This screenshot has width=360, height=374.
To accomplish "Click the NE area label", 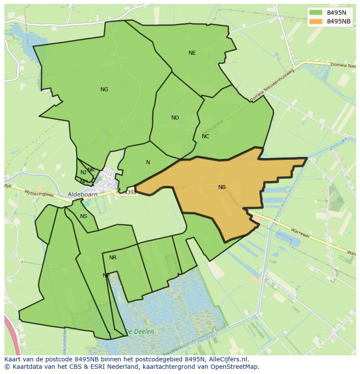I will [x=192, y=53].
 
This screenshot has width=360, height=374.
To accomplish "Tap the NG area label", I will [x=104, y=89].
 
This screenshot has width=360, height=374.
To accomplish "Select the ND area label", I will [x=175, y=118].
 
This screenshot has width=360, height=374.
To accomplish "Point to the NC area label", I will [x=206, y=136].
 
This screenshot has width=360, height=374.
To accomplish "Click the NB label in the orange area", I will [x=222, y=187].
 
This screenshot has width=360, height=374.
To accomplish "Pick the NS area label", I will [x=83, y=216].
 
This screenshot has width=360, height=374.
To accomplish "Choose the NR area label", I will [x=113, y=258].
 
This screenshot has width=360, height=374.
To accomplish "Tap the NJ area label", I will [x=83, y=172].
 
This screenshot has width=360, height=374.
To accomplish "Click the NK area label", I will [x=91, y=170].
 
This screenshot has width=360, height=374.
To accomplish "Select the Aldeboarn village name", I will [x=82, y=195].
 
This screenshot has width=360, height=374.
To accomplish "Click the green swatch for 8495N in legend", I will [x=316, y=12].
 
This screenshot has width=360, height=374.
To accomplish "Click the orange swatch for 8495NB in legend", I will [x=316, y=21].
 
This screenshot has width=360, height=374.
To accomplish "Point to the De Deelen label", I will [x=139, y=331].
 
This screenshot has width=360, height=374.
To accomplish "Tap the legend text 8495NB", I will [x=339, y=21].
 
